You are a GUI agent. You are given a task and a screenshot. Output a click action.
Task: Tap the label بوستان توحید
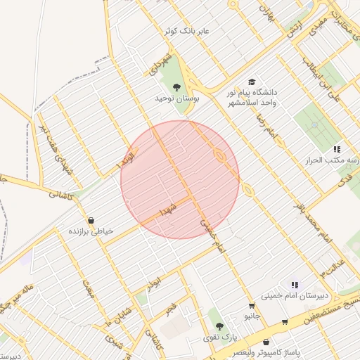click(x=178, y=99)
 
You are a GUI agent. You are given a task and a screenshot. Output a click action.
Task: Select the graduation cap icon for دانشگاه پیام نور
click(x=252, y=82)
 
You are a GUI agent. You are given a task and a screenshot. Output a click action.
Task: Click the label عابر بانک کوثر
click(x=184, y=32)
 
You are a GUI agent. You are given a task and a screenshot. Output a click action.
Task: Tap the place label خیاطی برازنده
click(x=91, y=231)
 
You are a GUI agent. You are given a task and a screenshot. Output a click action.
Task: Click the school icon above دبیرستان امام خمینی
click(x=294, y=285)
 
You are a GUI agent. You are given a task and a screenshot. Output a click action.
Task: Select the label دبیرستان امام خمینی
click(x=290, y=296)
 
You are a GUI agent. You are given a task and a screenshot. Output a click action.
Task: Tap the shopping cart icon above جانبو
click(x=252, y=306)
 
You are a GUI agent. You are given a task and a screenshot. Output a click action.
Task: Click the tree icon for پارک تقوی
click(x=219, y=326)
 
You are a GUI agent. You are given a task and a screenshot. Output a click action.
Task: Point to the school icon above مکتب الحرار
click(x=337, y=149)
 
